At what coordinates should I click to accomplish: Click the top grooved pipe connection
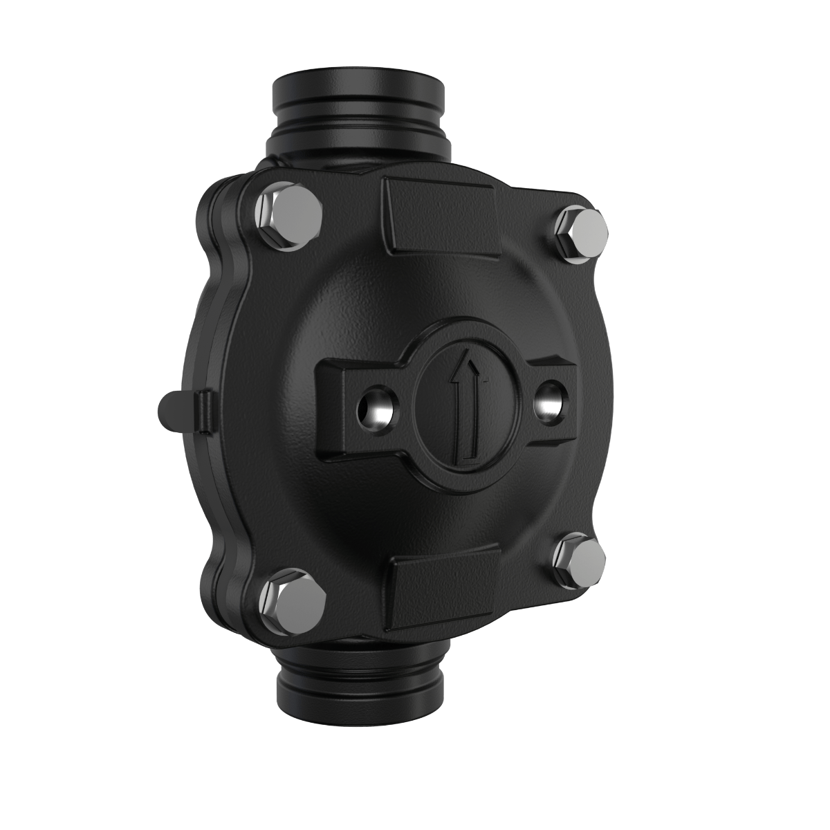(358, 104)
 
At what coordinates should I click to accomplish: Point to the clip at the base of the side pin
(203, 412)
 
